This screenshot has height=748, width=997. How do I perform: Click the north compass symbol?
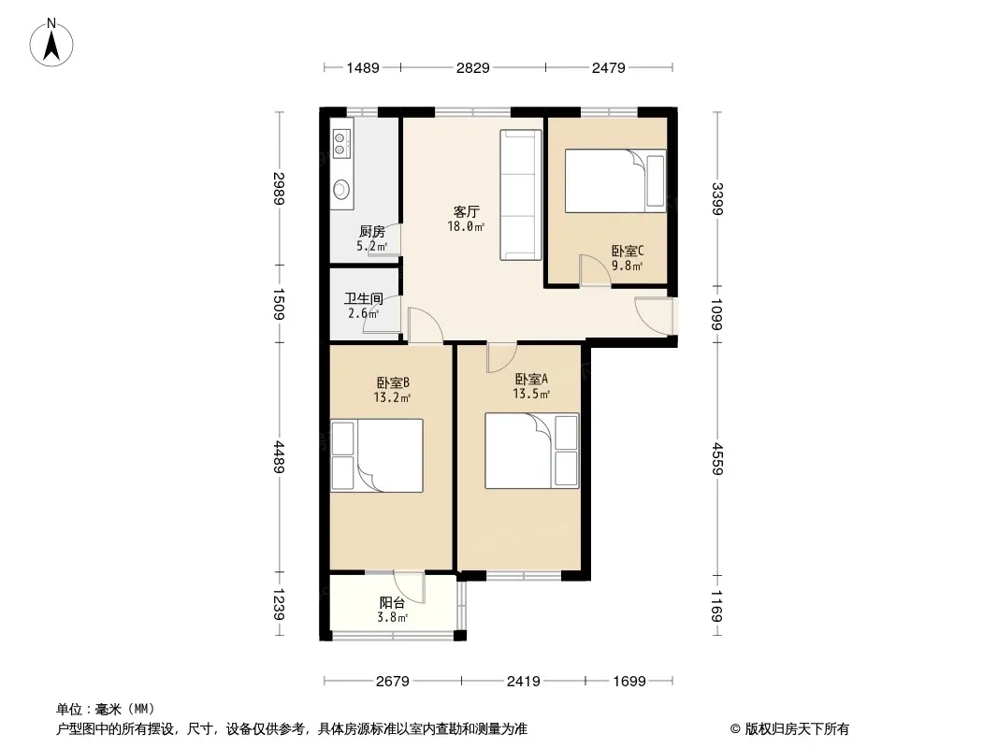[x=54, y=41]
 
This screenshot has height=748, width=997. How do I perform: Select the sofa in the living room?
[x=521, y=194]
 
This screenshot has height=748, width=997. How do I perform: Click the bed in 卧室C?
[x=615, y=180]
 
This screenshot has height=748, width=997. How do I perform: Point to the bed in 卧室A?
[x=531, y=452]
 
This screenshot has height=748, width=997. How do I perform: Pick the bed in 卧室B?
[x=377, y=455]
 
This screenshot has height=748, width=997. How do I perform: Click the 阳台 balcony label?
[x=392, y=603]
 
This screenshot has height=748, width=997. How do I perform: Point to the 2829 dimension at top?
[x=472, y=67]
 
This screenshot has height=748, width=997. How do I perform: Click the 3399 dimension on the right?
[x=717, y=199]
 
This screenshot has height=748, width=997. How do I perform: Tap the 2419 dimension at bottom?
[x=523, y=682]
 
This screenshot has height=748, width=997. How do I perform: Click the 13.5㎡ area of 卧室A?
[x=530, y=395]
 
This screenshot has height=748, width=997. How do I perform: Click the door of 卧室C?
[x=593, y=271]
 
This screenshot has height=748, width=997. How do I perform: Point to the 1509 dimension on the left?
[x=279, y=305]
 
